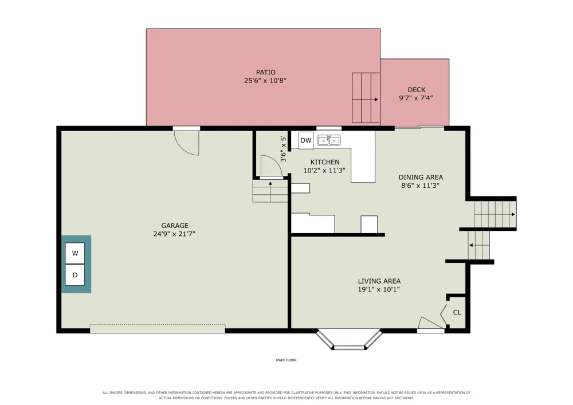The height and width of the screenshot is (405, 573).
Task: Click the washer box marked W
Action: [75, 253]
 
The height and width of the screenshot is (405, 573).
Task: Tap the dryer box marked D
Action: [75, 275]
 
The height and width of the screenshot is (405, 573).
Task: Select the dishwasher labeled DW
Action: [306, 140]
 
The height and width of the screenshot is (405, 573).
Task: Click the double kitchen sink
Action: [329, 140]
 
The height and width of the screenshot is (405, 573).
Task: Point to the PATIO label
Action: [266, 72]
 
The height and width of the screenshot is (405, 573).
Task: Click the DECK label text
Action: [417, 89]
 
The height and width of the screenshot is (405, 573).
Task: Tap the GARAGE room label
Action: [175, 225]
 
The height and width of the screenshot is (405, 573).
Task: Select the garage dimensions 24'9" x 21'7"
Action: [174, 234]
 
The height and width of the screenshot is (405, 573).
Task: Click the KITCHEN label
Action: [325, 162]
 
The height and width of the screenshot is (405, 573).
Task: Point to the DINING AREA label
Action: [421, 177]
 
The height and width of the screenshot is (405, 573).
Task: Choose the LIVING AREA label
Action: [379, 281]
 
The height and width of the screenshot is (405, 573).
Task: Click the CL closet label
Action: [457, 312]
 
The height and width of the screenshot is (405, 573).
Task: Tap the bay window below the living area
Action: [349, 340]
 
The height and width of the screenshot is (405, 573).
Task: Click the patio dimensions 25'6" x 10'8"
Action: [265, 81]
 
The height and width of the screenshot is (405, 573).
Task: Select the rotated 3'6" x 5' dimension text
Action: [283, 149]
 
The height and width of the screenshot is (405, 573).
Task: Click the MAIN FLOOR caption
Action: [286, 360]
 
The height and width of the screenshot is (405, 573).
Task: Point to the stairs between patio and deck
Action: [366, 98]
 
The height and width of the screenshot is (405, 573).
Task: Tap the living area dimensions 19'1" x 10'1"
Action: [379, 290]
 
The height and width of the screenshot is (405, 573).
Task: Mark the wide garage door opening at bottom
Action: [158, 329]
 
